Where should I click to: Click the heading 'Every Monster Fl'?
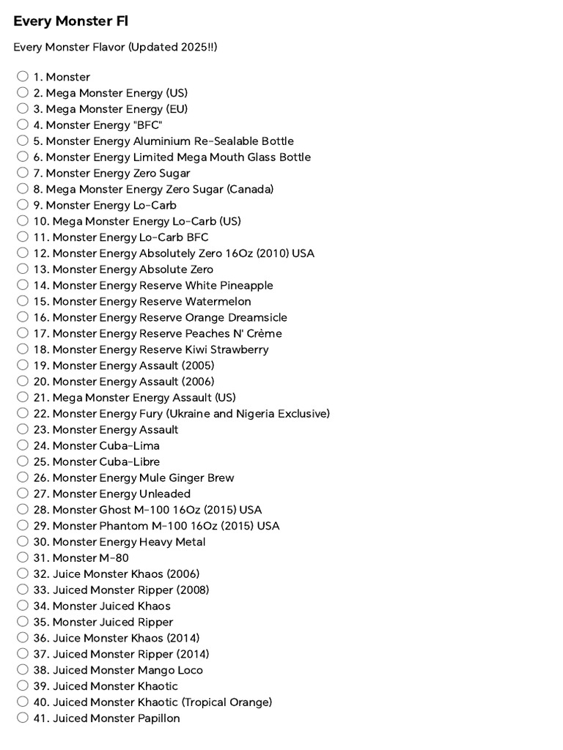[70, 21]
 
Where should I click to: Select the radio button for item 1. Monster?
[23, 76]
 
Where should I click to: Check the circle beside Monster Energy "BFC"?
[23, 125]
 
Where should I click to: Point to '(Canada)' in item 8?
[250, 189]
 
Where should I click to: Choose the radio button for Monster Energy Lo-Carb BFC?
[23, 237]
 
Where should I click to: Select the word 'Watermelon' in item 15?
[218, 301]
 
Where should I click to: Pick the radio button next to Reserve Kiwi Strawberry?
[23, 349]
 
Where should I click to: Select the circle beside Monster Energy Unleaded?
[23, 493]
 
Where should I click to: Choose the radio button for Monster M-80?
[23, 557]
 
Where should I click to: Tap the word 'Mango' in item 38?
[155, 669]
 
